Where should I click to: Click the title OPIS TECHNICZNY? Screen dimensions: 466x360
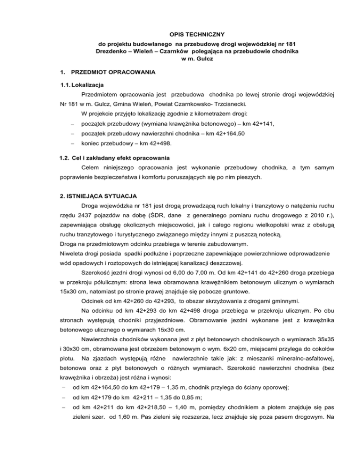(180, 34)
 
